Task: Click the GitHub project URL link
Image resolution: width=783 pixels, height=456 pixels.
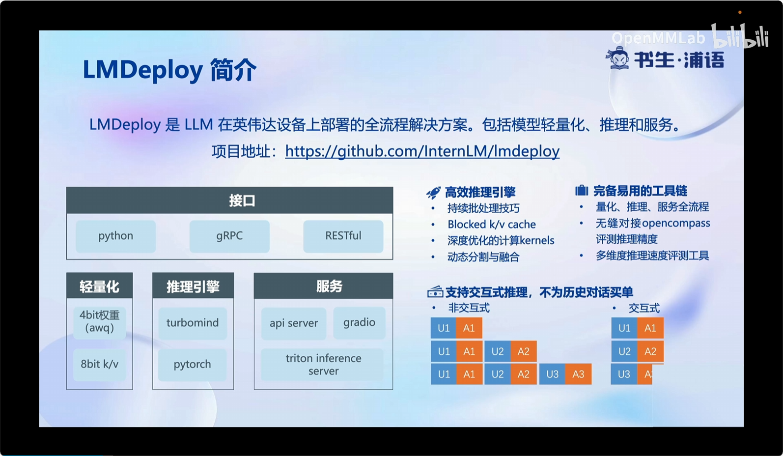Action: (x=422, y=151)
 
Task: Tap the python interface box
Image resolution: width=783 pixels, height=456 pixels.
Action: (x=116, y=236)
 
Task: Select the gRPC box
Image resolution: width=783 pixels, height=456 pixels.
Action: (x=229, y=236)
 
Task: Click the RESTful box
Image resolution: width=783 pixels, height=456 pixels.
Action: (x=343, y=236)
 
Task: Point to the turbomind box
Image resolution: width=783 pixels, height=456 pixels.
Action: (x=193, y=323)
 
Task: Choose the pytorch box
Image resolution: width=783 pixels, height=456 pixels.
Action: (x=192, y=365)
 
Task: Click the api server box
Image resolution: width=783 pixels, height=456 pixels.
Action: (x=294, y=323)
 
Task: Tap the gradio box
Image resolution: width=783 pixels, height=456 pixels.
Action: (x=360, y=322)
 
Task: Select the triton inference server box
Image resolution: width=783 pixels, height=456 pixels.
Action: (x=323, y=365)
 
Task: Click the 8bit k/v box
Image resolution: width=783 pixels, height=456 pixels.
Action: (x=100, y=365)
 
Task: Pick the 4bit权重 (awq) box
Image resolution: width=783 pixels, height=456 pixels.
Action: (x=100, y=322)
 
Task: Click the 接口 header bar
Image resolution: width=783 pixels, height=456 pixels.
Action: (x=230, y=200)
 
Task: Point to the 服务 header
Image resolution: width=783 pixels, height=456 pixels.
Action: (x=323, y=286)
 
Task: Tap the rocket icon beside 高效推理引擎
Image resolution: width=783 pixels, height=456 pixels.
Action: (x=433, y=192)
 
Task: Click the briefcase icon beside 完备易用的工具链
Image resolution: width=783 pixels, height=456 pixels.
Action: (x=582, y=191)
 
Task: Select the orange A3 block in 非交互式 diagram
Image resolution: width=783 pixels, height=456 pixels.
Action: (x=579, y=374)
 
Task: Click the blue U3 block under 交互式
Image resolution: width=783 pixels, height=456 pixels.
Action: (x=624, y=374)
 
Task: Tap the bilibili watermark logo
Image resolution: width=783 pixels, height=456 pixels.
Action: (x=740, y=36)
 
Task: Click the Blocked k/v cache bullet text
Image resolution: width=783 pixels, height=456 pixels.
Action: (x=492, y=224)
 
